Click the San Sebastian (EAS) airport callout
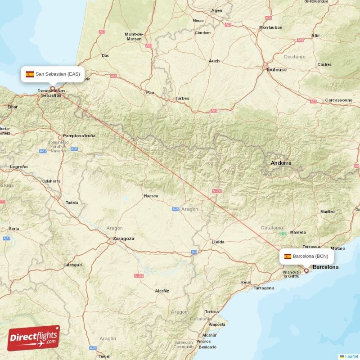pyautogui.click(x=53, y=74)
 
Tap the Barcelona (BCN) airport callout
pyautogui.click(x=306, y=256)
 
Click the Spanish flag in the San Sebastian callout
pyautogui.click(x=30, y=74)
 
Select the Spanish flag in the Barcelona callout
pyautogui.click(x=288, y=256)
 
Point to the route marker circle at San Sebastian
pyautogui.click(x=53, y=88)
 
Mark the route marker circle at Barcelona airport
pyautogui.click(x=306, y=270)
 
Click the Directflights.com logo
pyautogui.click(x=34, y=338)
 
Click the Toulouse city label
pyautogui.click(x=276, y=70)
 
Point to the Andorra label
pyautogui.click(x=281, y=163)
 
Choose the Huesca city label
pyautogui.click(x=150, y=196)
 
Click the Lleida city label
pyautogui.click(x=218, y=242)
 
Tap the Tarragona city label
pyautogui.click(x=264, y=288)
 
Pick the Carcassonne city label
pyautogui.click(x=339, y=100)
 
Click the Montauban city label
pyautogui.click(x=271, y=27)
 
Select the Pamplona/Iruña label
pyautogui.click(x=79, y=135)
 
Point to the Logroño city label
pyautogui.click(x=18, y=166)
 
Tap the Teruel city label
pyautogui.click(x=103, y=356)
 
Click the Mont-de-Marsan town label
pyautogui.click(x=134, y=36)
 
